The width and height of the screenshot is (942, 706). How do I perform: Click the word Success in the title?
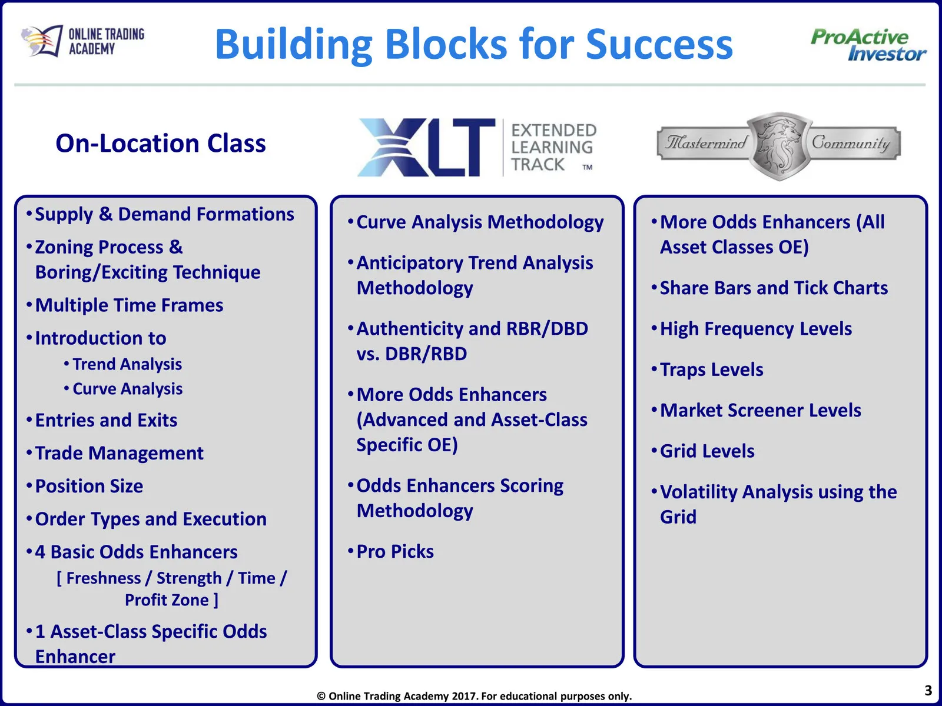[659, 45]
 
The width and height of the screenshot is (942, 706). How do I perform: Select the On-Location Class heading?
[161, 143]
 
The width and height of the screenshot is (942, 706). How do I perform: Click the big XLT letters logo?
[426, 148]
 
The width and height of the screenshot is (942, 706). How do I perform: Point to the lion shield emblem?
[779, 146]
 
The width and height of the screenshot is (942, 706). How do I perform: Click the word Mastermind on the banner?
[706, 143]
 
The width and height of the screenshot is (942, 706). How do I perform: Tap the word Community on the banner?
[851, 143]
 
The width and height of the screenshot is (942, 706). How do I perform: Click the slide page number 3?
[928, 690]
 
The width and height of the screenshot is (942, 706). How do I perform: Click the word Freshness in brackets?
[104, 578]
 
